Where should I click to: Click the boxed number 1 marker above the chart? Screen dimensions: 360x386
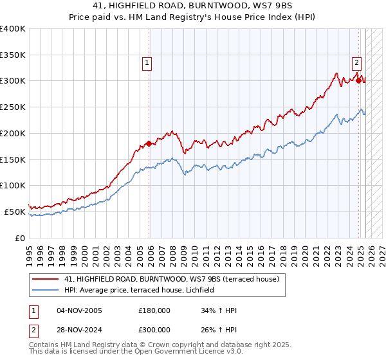147,63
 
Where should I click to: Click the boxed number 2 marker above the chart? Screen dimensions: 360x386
356,63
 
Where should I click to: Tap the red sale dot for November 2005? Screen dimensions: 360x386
149,143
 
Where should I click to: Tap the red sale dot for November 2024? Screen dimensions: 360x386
359,80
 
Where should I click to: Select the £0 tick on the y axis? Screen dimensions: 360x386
19,237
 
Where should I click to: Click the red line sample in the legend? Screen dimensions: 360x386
45,279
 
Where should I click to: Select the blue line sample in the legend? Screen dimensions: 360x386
45,291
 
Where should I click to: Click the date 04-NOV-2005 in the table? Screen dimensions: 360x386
79,310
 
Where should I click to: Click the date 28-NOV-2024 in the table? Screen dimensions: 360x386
79,330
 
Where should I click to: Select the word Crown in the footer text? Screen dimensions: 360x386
151,345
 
